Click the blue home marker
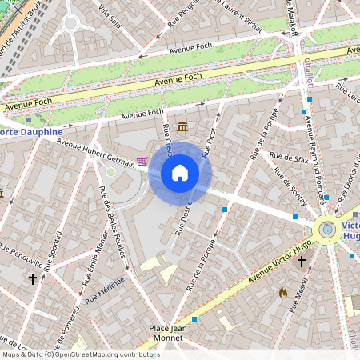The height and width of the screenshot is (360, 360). point(180,172)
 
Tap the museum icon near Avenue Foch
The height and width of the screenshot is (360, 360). point(183,126)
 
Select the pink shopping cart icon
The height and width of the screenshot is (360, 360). point(142,162)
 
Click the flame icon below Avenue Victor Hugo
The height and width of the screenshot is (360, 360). point(282,293)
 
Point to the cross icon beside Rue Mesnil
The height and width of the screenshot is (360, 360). point(302,261)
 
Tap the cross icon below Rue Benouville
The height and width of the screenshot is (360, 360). point(33,279)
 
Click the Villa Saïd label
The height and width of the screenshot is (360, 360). point(111,18)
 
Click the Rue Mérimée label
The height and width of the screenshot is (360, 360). point(105,289)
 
